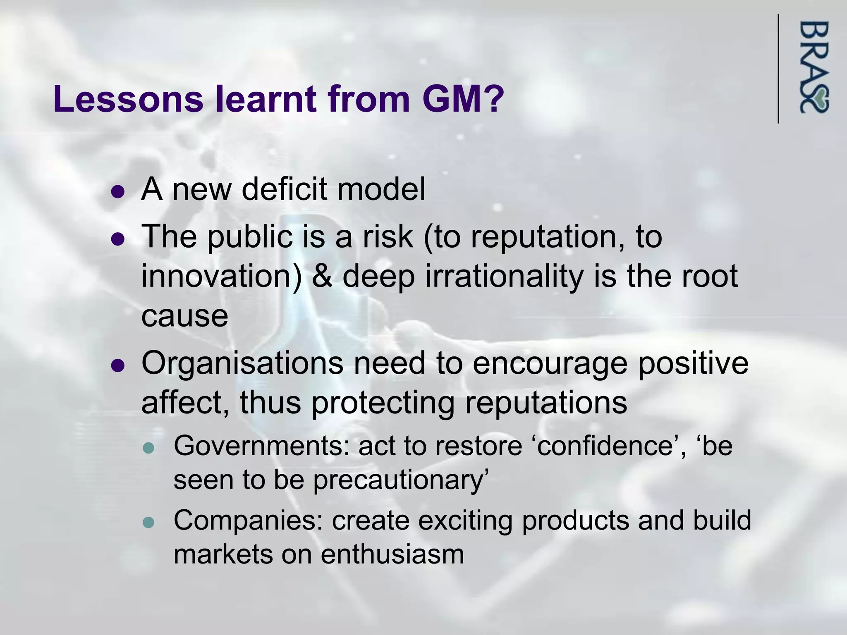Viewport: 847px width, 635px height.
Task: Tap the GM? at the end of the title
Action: (x=463, y=99)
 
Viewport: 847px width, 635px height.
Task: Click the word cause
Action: (x=184, y=316)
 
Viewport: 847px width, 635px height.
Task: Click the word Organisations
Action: (x=242, y=363)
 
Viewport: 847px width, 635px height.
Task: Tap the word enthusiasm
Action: (x=392, y=555)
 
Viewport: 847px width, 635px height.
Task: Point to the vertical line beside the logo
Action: (x=778, y=69)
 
